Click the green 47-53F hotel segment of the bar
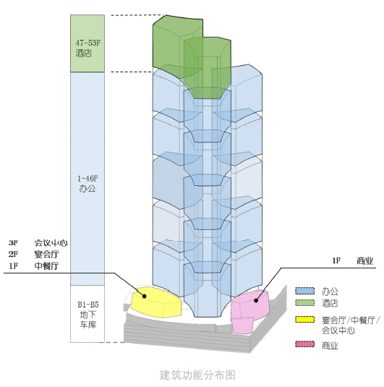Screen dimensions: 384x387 point(88,43)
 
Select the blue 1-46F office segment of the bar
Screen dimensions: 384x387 point(88,179)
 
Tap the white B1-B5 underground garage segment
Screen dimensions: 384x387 point(88,314)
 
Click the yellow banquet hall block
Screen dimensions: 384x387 point(156,302)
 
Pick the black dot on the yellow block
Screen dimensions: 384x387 point(145,296)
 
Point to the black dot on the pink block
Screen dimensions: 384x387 point(256,300)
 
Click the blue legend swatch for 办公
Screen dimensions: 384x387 point(304,291)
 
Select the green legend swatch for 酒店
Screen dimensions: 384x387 point(304,302)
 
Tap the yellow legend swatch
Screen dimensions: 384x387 point(304,320)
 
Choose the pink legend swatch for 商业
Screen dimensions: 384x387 point(304,344)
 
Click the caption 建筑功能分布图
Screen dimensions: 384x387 point(197,375)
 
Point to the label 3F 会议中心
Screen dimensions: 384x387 point(38,243)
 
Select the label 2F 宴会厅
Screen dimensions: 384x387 point(34,254)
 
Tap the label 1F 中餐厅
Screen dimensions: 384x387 point(34,265)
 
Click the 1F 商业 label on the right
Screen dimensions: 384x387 point(353,261)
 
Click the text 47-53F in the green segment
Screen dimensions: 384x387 point(88,43)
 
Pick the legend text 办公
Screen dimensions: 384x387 point(330,292)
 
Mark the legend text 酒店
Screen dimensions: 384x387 point(330,303)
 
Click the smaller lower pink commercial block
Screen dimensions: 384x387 point(242,326)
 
